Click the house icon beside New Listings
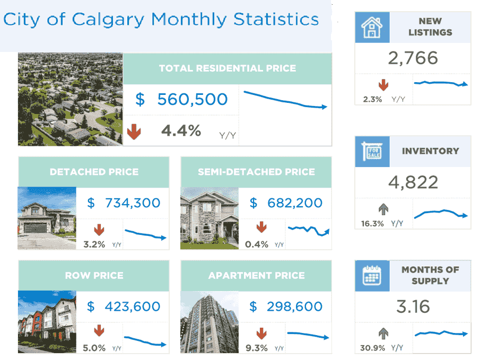coord(372,27)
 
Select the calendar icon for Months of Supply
coord(372,276)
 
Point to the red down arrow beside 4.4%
coord(134,131)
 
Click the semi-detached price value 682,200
coord(293,203)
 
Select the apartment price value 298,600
coord(293,306)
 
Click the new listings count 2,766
coord(413,58)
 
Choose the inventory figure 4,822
coord(413,182)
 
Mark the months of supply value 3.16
coord(413,306)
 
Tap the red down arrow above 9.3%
coord(261,333)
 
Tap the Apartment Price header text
coord(256,276)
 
